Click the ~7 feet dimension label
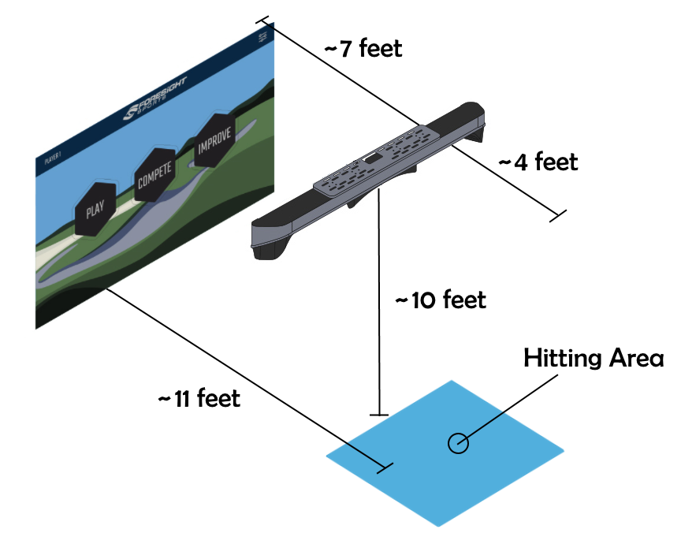click(x=363, y=49)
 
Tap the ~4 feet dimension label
click(x=538, y=162)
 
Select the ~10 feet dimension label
click(x=441, y=300)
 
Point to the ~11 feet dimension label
click(x=199, y=398)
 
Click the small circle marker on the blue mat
click(x=458, y=443)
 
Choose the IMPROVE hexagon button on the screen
click(x=214, y=144)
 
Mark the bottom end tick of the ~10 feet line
click(x=380, y=413)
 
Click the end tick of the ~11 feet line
click(x=385, y=468)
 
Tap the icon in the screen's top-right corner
click(x=262, y=37)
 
